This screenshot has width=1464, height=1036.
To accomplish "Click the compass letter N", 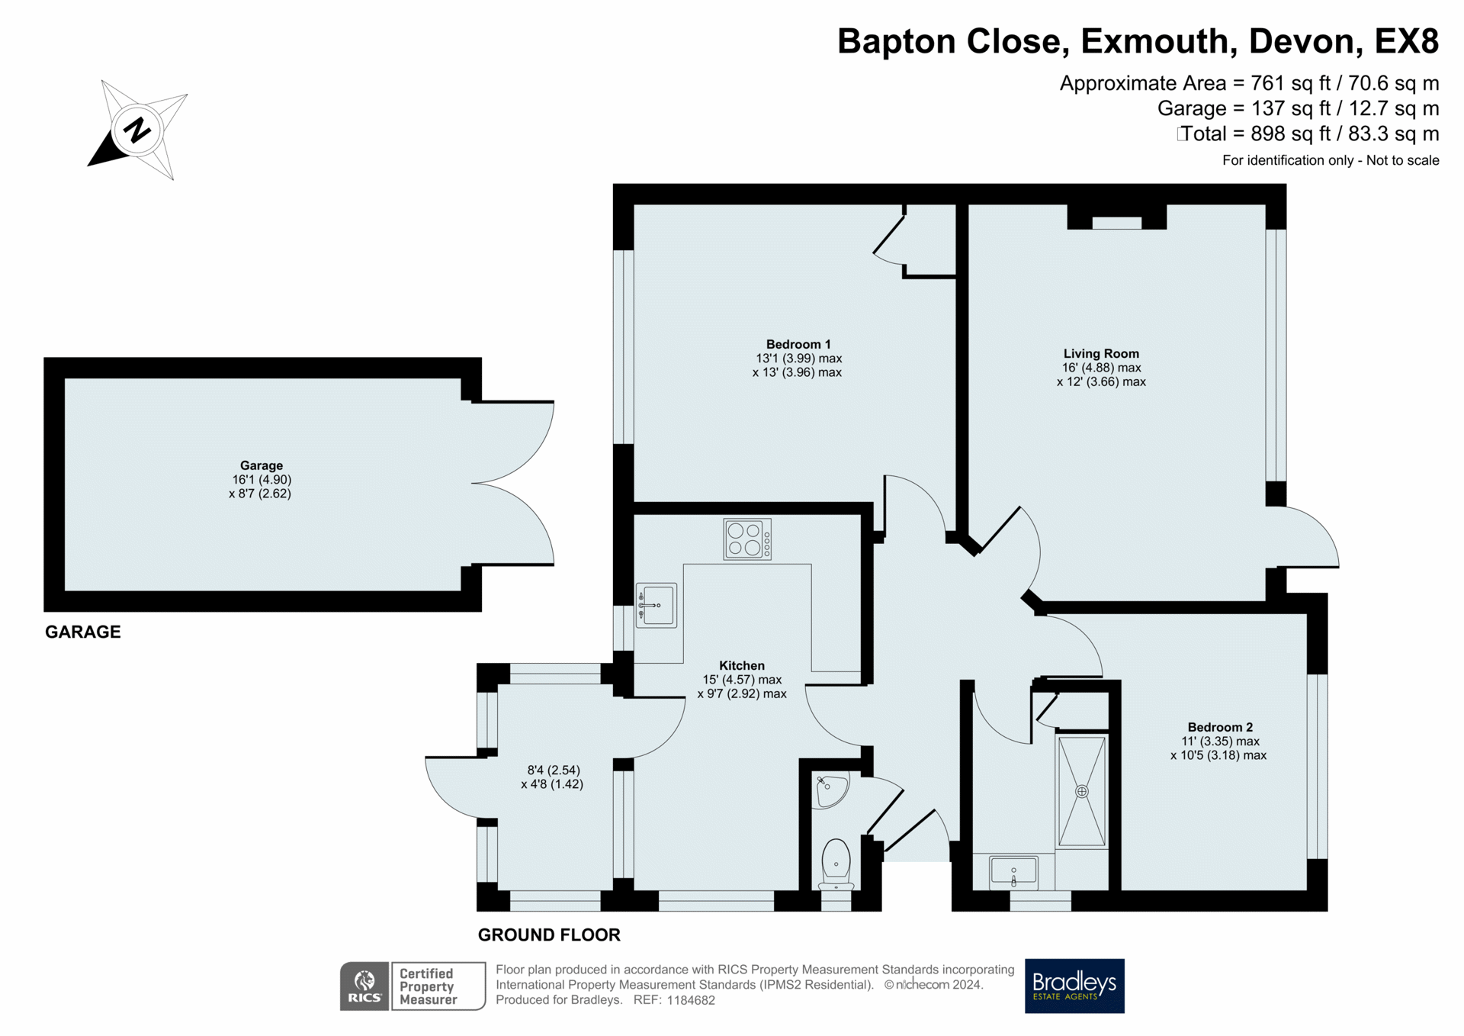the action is pos(137,130).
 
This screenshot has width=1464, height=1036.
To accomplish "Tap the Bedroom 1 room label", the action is pos(798,344).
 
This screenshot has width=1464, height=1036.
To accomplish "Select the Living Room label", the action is pos(1101,353).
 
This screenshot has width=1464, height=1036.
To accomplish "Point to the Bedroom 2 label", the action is pos(1220,727).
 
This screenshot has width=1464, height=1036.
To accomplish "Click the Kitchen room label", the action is pos(742,665).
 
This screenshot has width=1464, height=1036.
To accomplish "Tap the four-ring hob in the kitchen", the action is pos(747,539).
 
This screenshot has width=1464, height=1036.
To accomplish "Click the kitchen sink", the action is pos(656,606).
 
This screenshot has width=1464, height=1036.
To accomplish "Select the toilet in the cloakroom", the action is pos(836,864).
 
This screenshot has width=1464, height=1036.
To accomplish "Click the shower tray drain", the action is pos(1081,792).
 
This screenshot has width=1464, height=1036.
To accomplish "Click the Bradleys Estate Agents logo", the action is pos(1074,986).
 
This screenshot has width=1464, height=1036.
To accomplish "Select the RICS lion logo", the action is pos(364,986).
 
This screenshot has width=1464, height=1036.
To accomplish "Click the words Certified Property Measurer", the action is pos(428,986).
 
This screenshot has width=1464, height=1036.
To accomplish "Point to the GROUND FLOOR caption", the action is pos(549,935).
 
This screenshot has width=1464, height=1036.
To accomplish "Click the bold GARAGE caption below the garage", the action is pos(83,632).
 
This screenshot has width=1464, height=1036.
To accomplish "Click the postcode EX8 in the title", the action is pos(1406,41).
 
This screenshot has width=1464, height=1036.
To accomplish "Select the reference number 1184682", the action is pos(691,1000).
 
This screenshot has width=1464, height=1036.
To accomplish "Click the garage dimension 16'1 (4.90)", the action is pos(262,479).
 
